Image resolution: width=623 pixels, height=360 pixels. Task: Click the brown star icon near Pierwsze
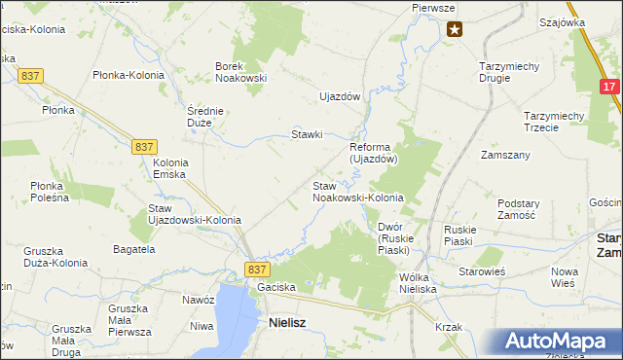point(455,30)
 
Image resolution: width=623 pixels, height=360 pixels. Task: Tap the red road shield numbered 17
point(609,88)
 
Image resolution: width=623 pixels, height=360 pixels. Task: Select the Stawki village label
point(308,134)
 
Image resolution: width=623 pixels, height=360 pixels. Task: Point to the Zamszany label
point(505,155)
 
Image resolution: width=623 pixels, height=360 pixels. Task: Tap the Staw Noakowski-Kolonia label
point(357,192)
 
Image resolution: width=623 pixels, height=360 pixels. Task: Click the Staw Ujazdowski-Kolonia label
point(194,214)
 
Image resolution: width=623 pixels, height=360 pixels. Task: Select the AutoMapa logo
point(560,342)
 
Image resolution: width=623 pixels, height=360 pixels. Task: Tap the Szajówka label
point(562,21)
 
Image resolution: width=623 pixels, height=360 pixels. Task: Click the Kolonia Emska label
point(170,168)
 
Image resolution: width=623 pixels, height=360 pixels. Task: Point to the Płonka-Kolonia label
point(128,75)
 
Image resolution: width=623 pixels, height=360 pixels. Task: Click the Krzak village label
point(449,327)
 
